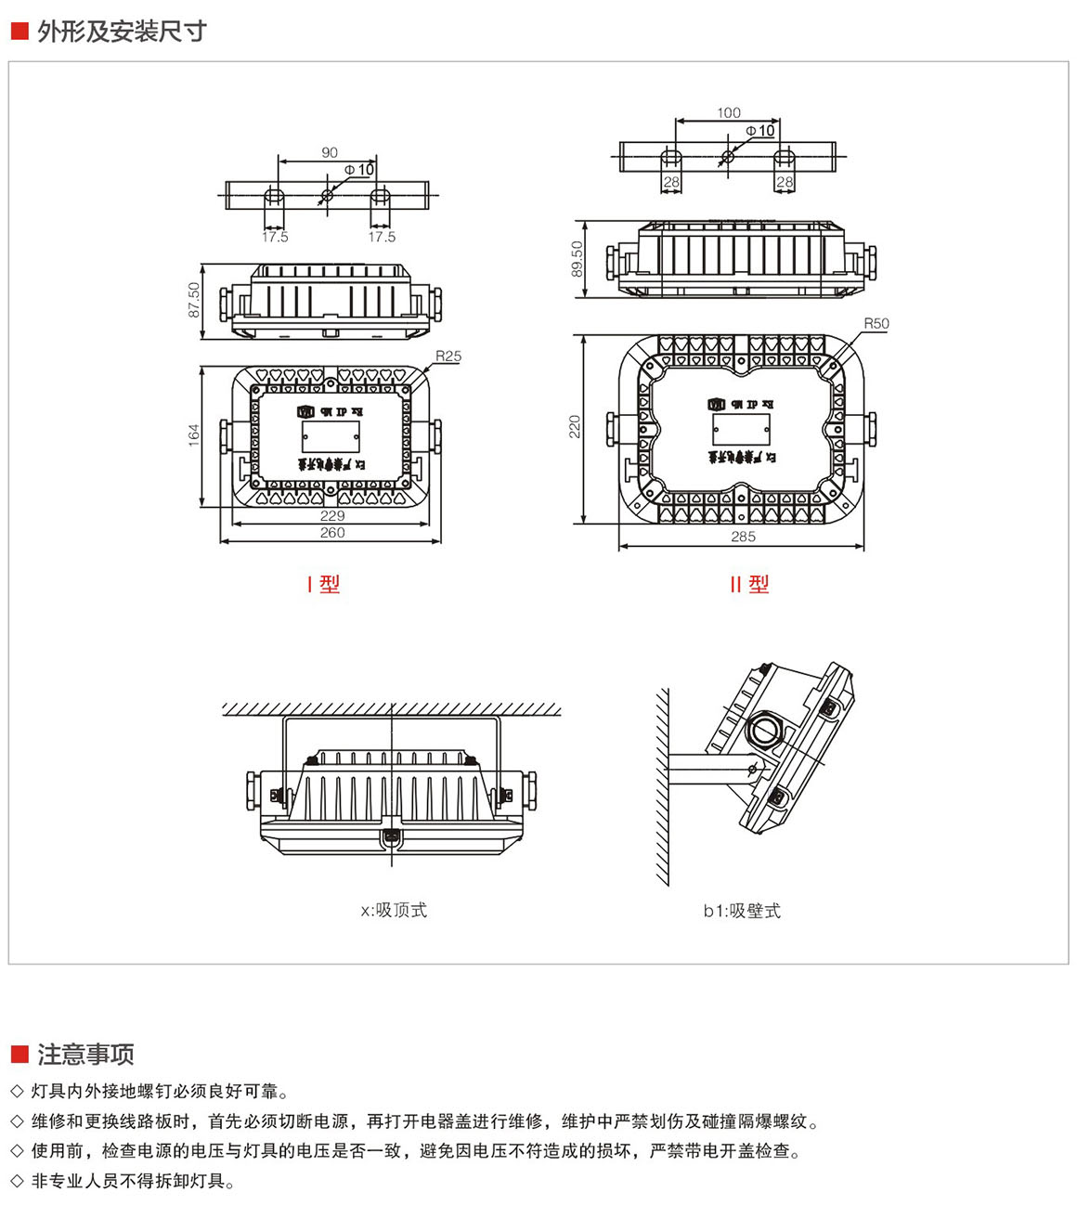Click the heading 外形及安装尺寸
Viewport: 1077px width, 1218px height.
pos(122,32)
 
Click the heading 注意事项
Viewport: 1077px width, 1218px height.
pos(85,1055)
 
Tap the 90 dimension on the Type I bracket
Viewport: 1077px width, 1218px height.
pos(330,153)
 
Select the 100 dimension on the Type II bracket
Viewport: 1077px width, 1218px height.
pos(729,113)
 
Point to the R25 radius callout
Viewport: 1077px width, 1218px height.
pos(448,356)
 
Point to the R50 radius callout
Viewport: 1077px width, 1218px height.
pos(876,324)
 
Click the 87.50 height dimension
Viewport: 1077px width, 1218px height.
pos(195,300)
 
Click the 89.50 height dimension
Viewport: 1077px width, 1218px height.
pos(577,259)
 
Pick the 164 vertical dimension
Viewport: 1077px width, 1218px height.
pos(194,434)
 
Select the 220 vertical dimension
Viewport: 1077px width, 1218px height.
pos(575,427)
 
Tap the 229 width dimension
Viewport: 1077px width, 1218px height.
pos(332,516)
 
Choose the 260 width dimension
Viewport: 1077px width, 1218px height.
pos(332,533)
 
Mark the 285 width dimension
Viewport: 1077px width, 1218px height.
pos(743,537)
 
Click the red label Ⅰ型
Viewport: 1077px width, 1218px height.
pos(324,584)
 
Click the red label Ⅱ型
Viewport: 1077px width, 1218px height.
pos(749,584)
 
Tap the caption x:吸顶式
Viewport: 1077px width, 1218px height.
pos(394,911)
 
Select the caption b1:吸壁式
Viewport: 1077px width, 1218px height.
pos(742,912)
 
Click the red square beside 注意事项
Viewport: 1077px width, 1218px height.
pos(19,1054)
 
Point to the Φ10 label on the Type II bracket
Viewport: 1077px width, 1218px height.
pos(760,131)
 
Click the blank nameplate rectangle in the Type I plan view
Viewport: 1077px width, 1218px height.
pos(331,436)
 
